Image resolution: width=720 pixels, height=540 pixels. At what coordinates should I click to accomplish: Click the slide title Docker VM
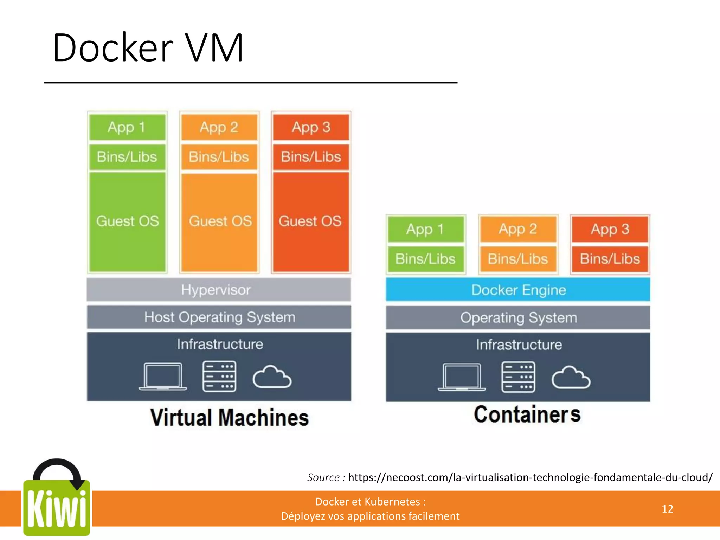point(148,48)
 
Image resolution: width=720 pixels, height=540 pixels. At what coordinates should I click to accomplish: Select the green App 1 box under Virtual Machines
point(127,127)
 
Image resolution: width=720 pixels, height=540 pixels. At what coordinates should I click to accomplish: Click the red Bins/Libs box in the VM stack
point(311,157)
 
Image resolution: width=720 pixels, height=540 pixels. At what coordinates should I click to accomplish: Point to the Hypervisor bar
point(219,290)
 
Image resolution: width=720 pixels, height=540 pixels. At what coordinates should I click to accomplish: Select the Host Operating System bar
point(219,317)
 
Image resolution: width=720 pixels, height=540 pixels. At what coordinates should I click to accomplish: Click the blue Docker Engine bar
point(518,290)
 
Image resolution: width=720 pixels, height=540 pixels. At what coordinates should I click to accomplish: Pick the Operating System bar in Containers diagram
point(518,318)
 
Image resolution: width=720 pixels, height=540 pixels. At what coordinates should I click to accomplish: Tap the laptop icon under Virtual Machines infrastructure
point(163,377)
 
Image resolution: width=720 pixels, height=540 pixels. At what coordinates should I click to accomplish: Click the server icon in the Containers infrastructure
point(518,377)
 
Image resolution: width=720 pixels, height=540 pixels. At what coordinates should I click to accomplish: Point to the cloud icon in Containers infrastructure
point(571,378)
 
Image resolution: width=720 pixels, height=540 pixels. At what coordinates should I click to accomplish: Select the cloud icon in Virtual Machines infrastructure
point(272,377)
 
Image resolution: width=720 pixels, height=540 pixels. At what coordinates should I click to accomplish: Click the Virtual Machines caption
point(229,418)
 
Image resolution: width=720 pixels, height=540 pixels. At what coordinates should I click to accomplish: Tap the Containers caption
point(527,414)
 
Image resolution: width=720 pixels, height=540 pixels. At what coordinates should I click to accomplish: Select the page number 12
point(667,509)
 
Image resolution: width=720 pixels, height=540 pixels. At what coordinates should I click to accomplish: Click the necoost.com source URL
point(530,477)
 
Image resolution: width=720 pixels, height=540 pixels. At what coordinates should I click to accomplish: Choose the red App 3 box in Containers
point(610,229)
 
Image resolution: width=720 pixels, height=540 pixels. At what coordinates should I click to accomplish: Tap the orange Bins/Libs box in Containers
point(518,259)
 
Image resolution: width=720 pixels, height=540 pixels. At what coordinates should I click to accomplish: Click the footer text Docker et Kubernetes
point(370,502)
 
